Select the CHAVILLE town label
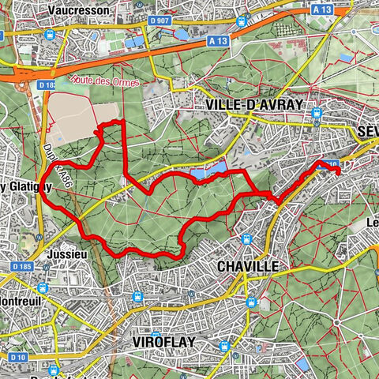246,267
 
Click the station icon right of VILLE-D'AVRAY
317,113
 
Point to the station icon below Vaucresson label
50,35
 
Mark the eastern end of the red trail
339,168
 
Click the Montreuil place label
25,302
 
